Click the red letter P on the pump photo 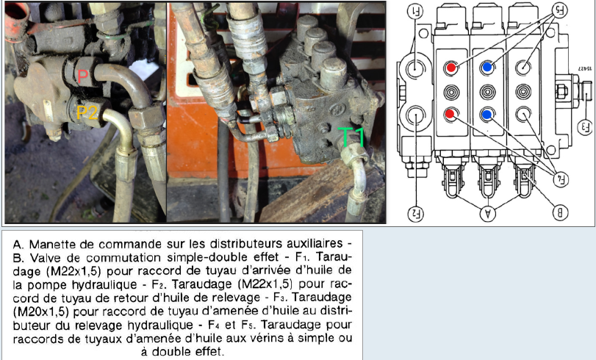click(82, 77)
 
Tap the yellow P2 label click(87, 113)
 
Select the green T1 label click(351, 137)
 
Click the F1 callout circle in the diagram click(415, 11)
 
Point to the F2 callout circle click(416, 214)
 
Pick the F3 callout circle click(585, 126)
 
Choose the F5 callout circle click(560, 10)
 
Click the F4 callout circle click(561, 179)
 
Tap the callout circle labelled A click(488, 213)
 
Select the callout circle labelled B click(560, 213)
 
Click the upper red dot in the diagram click(450, 68)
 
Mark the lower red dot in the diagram click(450, 114)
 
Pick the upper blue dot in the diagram click(487, 68)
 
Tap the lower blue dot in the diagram click(487, 115)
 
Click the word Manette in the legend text click(50, 244)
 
